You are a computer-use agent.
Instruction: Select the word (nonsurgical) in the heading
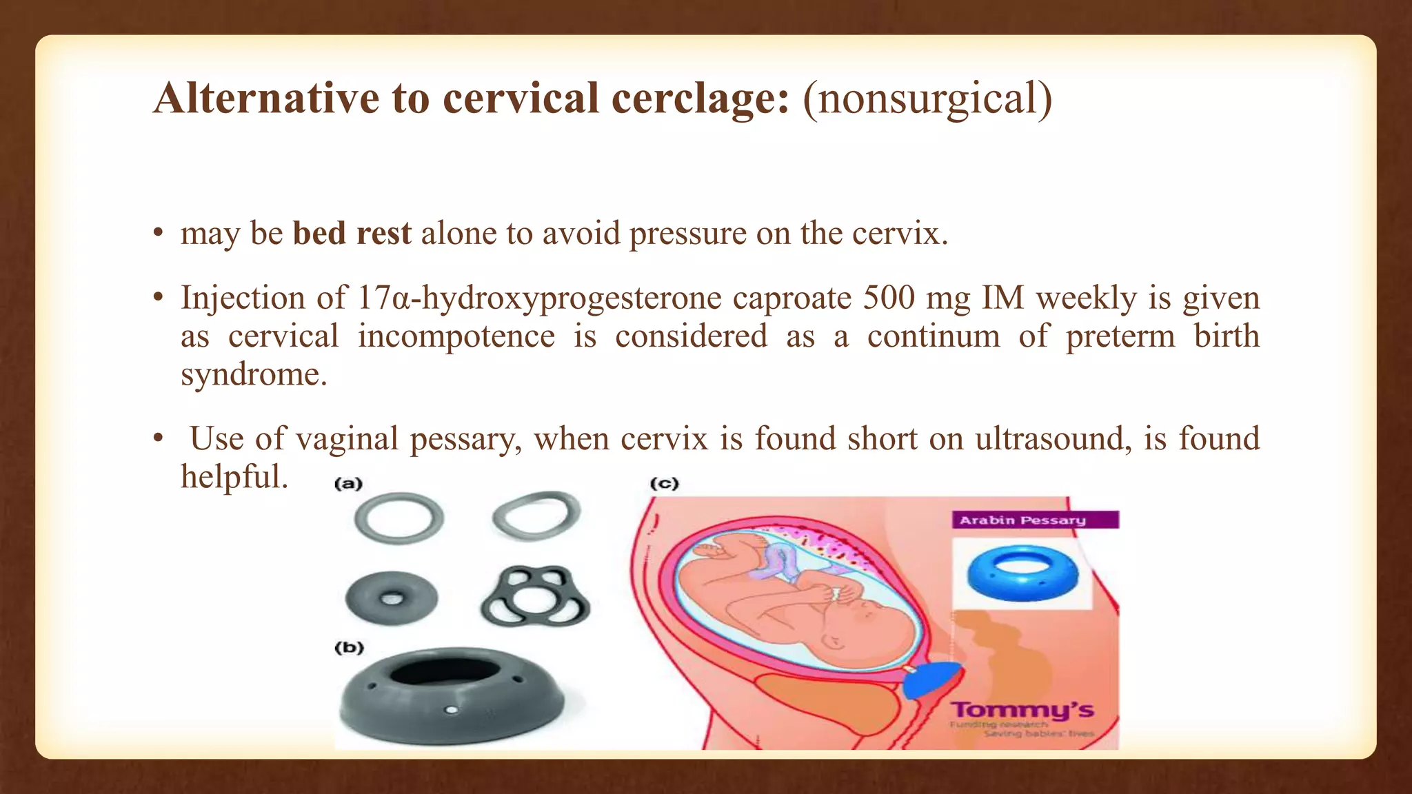(x=927, y=99)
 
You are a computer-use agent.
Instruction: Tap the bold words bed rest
(x=352, y=234)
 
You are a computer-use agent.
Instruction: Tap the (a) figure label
(x=348, y=484)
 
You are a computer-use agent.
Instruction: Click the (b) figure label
(x=349, y=648)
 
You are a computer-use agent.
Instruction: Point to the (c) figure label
(x=665, y=484)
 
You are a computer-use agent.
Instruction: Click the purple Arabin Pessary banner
(x=1034, y=520)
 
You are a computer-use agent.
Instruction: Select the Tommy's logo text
(x=1022, y=710)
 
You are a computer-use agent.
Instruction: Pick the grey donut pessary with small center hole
(x=391, y=598)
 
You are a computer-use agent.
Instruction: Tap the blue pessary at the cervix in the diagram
(x=931, y=679)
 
